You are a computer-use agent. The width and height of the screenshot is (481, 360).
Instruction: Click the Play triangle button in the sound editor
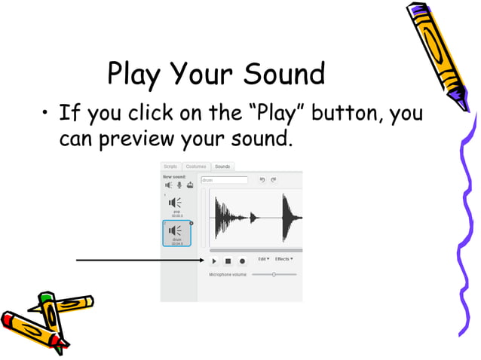pos(214,261)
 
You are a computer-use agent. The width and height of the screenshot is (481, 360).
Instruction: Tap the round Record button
pos(242,261)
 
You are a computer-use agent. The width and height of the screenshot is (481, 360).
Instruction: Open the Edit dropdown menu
pos(264,259)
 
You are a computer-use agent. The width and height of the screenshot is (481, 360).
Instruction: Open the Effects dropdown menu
pos(283,259)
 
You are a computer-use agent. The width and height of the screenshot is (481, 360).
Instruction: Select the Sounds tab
pos(222,166)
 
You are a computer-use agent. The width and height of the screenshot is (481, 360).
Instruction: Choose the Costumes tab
pos(195,166)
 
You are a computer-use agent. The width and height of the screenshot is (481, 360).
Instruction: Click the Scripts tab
pos(170,166)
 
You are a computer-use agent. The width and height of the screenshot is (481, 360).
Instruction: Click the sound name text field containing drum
pos(224,181)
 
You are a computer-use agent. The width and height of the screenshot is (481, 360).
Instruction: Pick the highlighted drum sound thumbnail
pos(176,232)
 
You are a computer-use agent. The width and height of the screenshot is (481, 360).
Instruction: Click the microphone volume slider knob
pos(274,275)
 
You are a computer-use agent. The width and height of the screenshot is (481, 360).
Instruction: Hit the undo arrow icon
pos(262,181)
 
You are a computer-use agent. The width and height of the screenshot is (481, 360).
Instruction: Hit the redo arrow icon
pos(274,181)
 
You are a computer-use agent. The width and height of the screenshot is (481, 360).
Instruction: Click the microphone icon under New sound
pos(179,185)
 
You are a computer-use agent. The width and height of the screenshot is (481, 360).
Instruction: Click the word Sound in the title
pos(283,75)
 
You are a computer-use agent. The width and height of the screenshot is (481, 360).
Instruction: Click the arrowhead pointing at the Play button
pos(203,261)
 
